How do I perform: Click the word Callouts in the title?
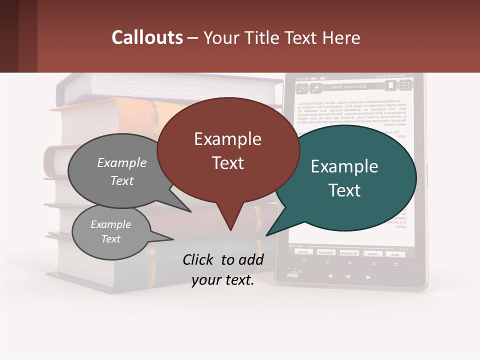click(x=147, y=37)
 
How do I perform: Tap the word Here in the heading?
click(x=341, y=38)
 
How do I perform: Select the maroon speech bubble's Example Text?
click(x=228, y=150)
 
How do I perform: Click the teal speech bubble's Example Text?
click(x=344, y=178)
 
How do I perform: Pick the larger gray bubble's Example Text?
click(x=122, y=171)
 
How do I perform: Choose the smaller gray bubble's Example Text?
click(x=110, y=231)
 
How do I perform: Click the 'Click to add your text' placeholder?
click(x=223, y=269)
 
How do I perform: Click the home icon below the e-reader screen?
click(x=348, y=276)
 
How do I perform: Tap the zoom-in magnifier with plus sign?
click(x=316, y=88)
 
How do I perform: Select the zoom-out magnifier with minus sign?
click(x=302, y=89)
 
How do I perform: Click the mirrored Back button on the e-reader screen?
click(x=395, y=253)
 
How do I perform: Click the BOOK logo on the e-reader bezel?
click(x=292, y=274)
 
